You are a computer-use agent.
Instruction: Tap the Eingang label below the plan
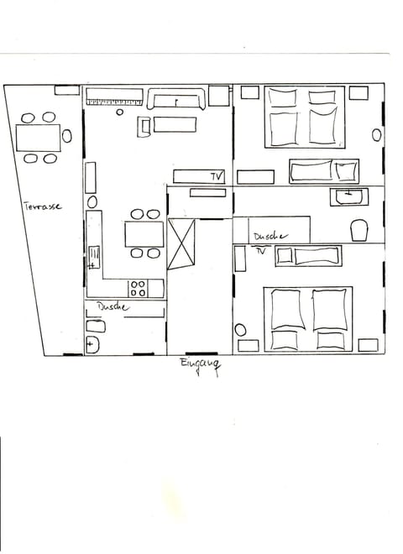pyautogui.click(x=199, y=365)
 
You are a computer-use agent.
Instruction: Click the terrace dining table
pyautogui.click(x=39, y=137)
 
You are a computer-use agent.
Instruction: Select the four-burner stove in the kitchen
pyautogui.click(x=139, y=288)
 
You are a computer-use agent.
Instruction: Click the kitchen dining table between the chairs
pyautogui.click(x=144, y=233)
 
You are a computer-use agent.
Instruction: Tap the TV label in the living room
pyautogui.click(x=217, y=176)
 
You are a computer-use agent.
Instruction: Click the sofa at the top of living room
pyautogui.click(x=176, y=100)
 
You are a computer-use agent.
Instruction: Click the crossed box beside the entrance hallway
pyautogui.click(x=181, y=243)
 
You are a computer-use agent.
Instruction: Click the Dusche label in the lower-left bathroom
pyautogui.click(x=113, y=307)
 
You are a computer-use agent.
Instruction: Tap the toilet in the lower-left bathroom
pyautogui.click(x=92, y=344)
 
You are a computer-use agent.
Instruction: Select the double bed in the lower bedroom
pyautogui.click(x=306, y=318)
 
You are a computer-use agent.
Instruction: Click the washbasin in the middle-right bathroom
pyautogui.click(x=347, y=197)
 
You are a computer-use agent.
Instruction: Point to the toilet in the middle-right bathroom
pyautogui.click(x=359, y=229)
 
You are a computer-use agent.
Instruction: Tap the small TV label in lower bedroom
pyautogui.click(x=260, y=250)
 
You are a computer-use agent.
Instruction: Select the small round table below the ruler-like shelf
pyautogui.click(x=120, y=112)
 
